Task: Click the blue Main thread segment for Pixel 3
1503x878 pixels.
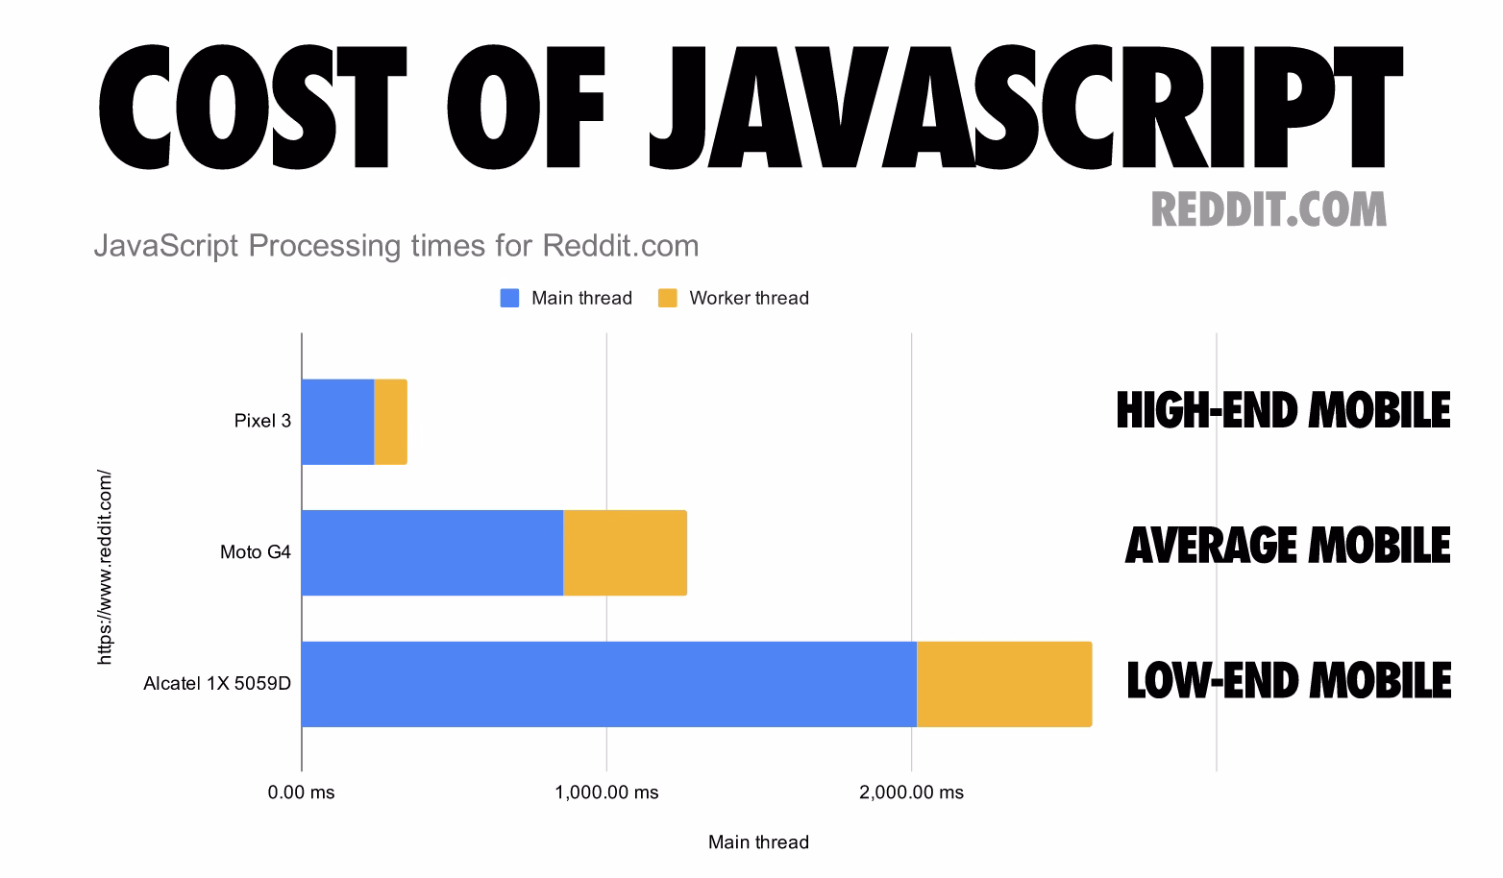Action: tap(338, 422)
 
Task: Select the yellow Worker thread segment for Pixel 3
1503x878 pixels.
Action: tap(390, 422)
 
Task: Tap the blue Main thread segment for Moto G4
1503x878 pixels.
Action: tap(432, 552)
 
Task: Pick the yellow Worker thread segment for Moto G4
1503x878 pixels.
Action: tap(626, 552)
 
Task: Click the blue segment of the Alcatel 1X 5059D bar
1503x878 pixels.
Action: tap(609, 684)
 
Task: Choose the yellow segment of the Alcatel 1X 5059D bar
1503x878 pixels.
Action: tap(1004, 684)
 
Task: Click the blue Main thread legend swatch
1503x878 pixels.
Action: tap(510, 298)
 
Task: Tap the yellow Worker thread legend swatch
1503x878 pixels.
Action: tap(668, 298)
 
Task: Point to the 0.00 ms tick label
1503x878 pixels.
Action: tap(301, 793)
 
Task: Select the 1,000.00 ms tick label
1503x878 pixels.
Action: tap(606, 793)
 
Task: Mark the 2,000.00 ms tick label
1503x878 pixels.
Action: tap(911, 793)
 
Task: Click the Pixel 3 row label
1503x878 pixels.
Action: tap(262, 421)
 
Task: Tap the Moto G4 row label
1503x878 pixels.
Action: tap(256, 552)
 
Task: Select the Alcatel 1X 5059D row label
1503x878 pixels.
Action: tap(217, 684)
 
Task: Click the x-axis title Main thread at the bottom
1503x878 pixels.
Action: tap(759, 842)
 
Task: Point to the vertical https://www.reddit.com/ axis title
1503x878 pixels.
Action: tap(105, 568)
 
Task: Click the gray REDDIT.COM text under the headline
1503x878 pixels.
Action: tap(1269, 210)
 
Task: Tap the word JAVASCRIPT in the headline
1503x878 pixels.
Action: tap(1026, 107)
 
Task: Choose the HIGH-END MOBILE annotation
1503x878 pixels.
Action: tap(1284, 410)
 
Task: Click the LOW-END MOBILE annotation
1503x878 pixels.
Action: tap(1289, 681)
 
